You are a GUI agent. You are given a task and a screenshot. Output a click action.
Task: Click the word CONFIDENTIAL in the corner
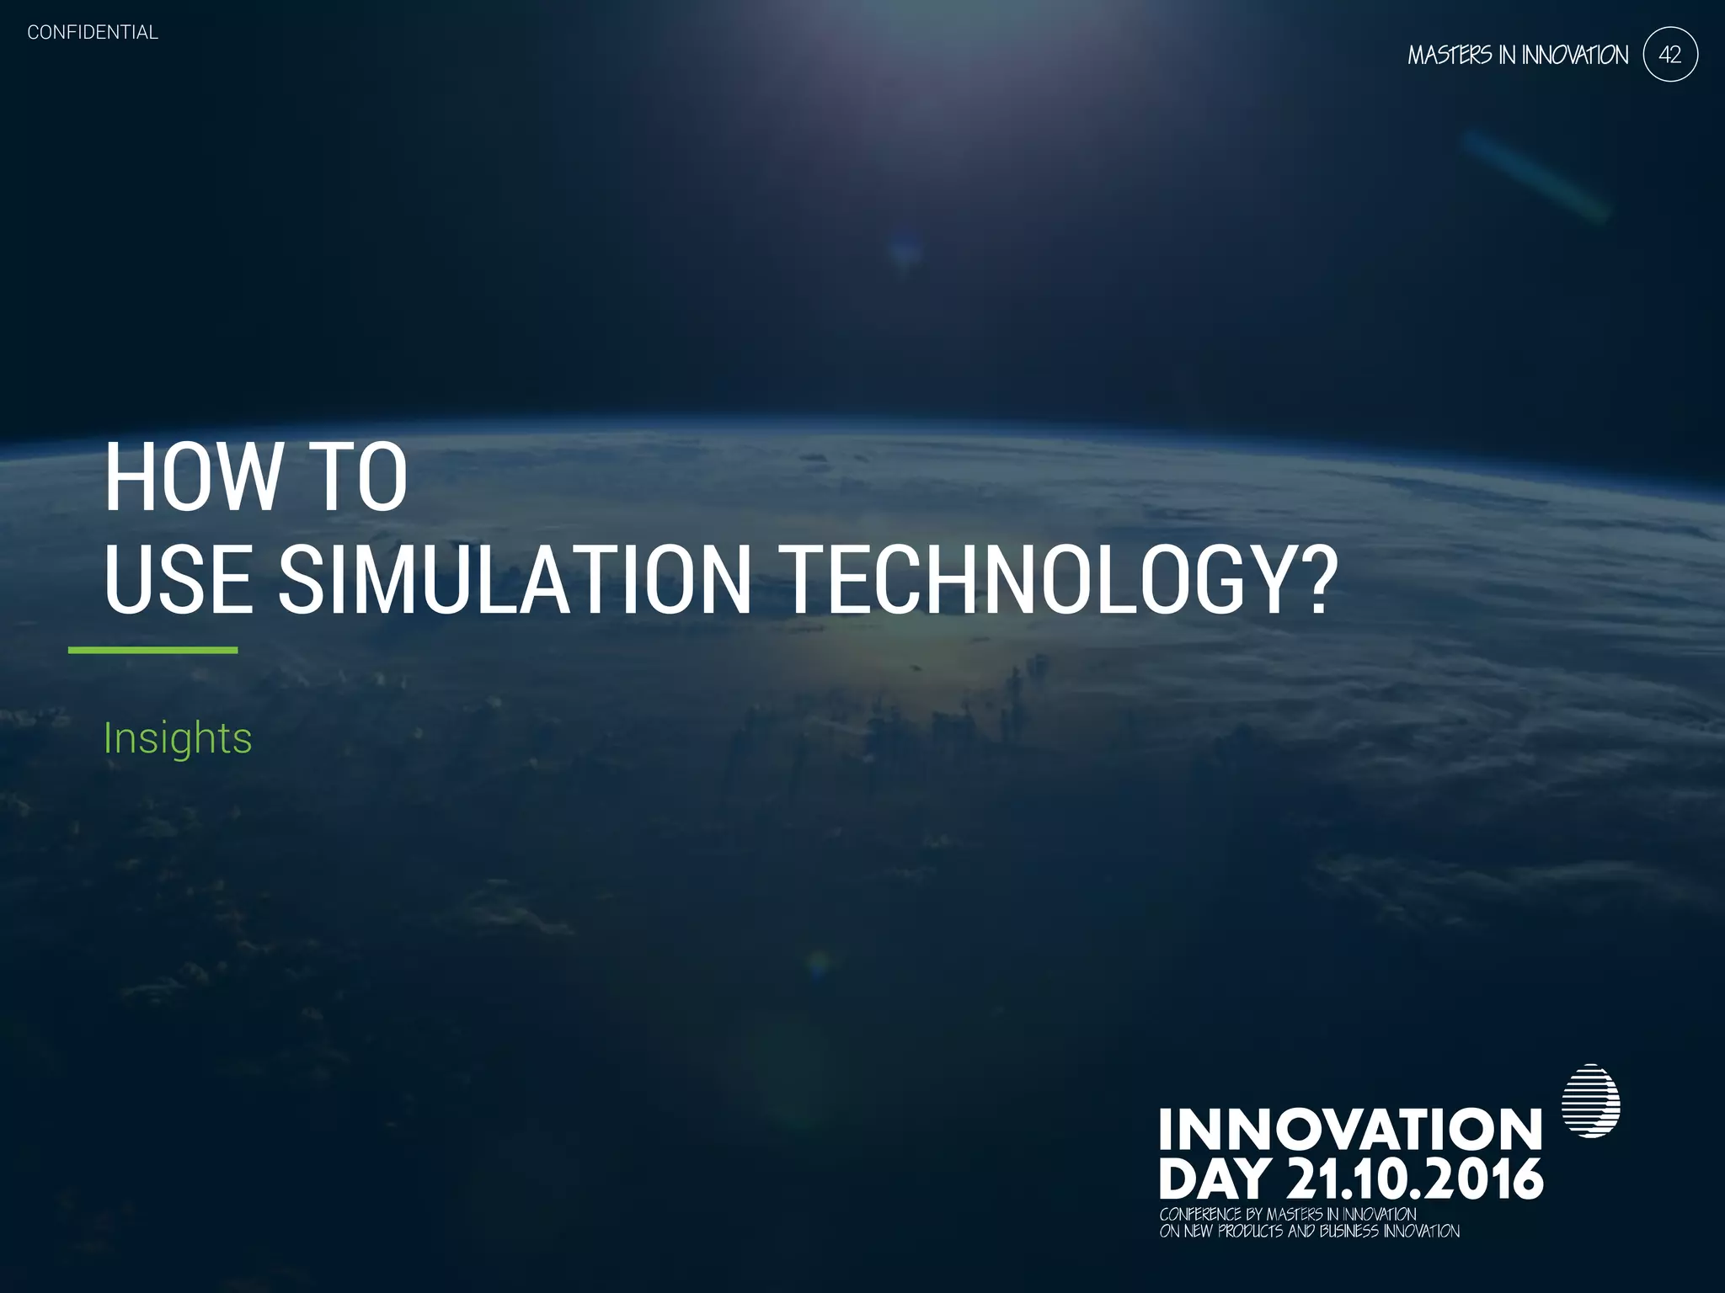[93, 33]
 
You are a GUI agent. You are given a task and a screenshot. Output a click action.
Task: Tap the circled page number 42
[1669, 55]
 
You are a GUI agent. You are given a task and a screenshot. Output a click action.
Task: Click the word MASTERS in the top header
[1450, 56]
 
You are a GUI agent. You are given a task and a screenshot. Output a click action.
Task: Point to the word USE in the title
[178, 580]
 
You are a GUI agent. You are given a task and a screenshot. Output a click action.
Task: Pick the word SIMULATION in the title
[515, 580]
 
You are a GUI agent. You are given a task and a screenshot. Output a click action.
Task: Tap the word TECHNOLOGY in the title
[1030, 580]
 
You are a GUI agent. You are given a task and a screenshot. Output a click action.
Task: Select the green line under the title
[152, 650]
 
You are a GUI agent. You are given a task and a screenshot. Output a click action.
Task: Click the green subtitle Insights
[178, 738]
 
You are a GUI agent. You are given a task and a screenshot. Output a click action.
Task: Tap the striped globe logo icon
[1590, 1101]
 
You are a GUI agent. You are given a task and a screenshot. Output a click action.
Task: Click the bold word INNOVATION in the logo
[1350, 1130]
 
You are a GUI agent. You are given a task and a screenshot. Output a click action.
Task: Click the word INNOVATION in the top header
[1574, 56]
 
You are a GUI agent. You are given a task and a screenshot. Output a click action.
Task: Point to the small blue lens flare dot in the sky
[904, 250]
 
